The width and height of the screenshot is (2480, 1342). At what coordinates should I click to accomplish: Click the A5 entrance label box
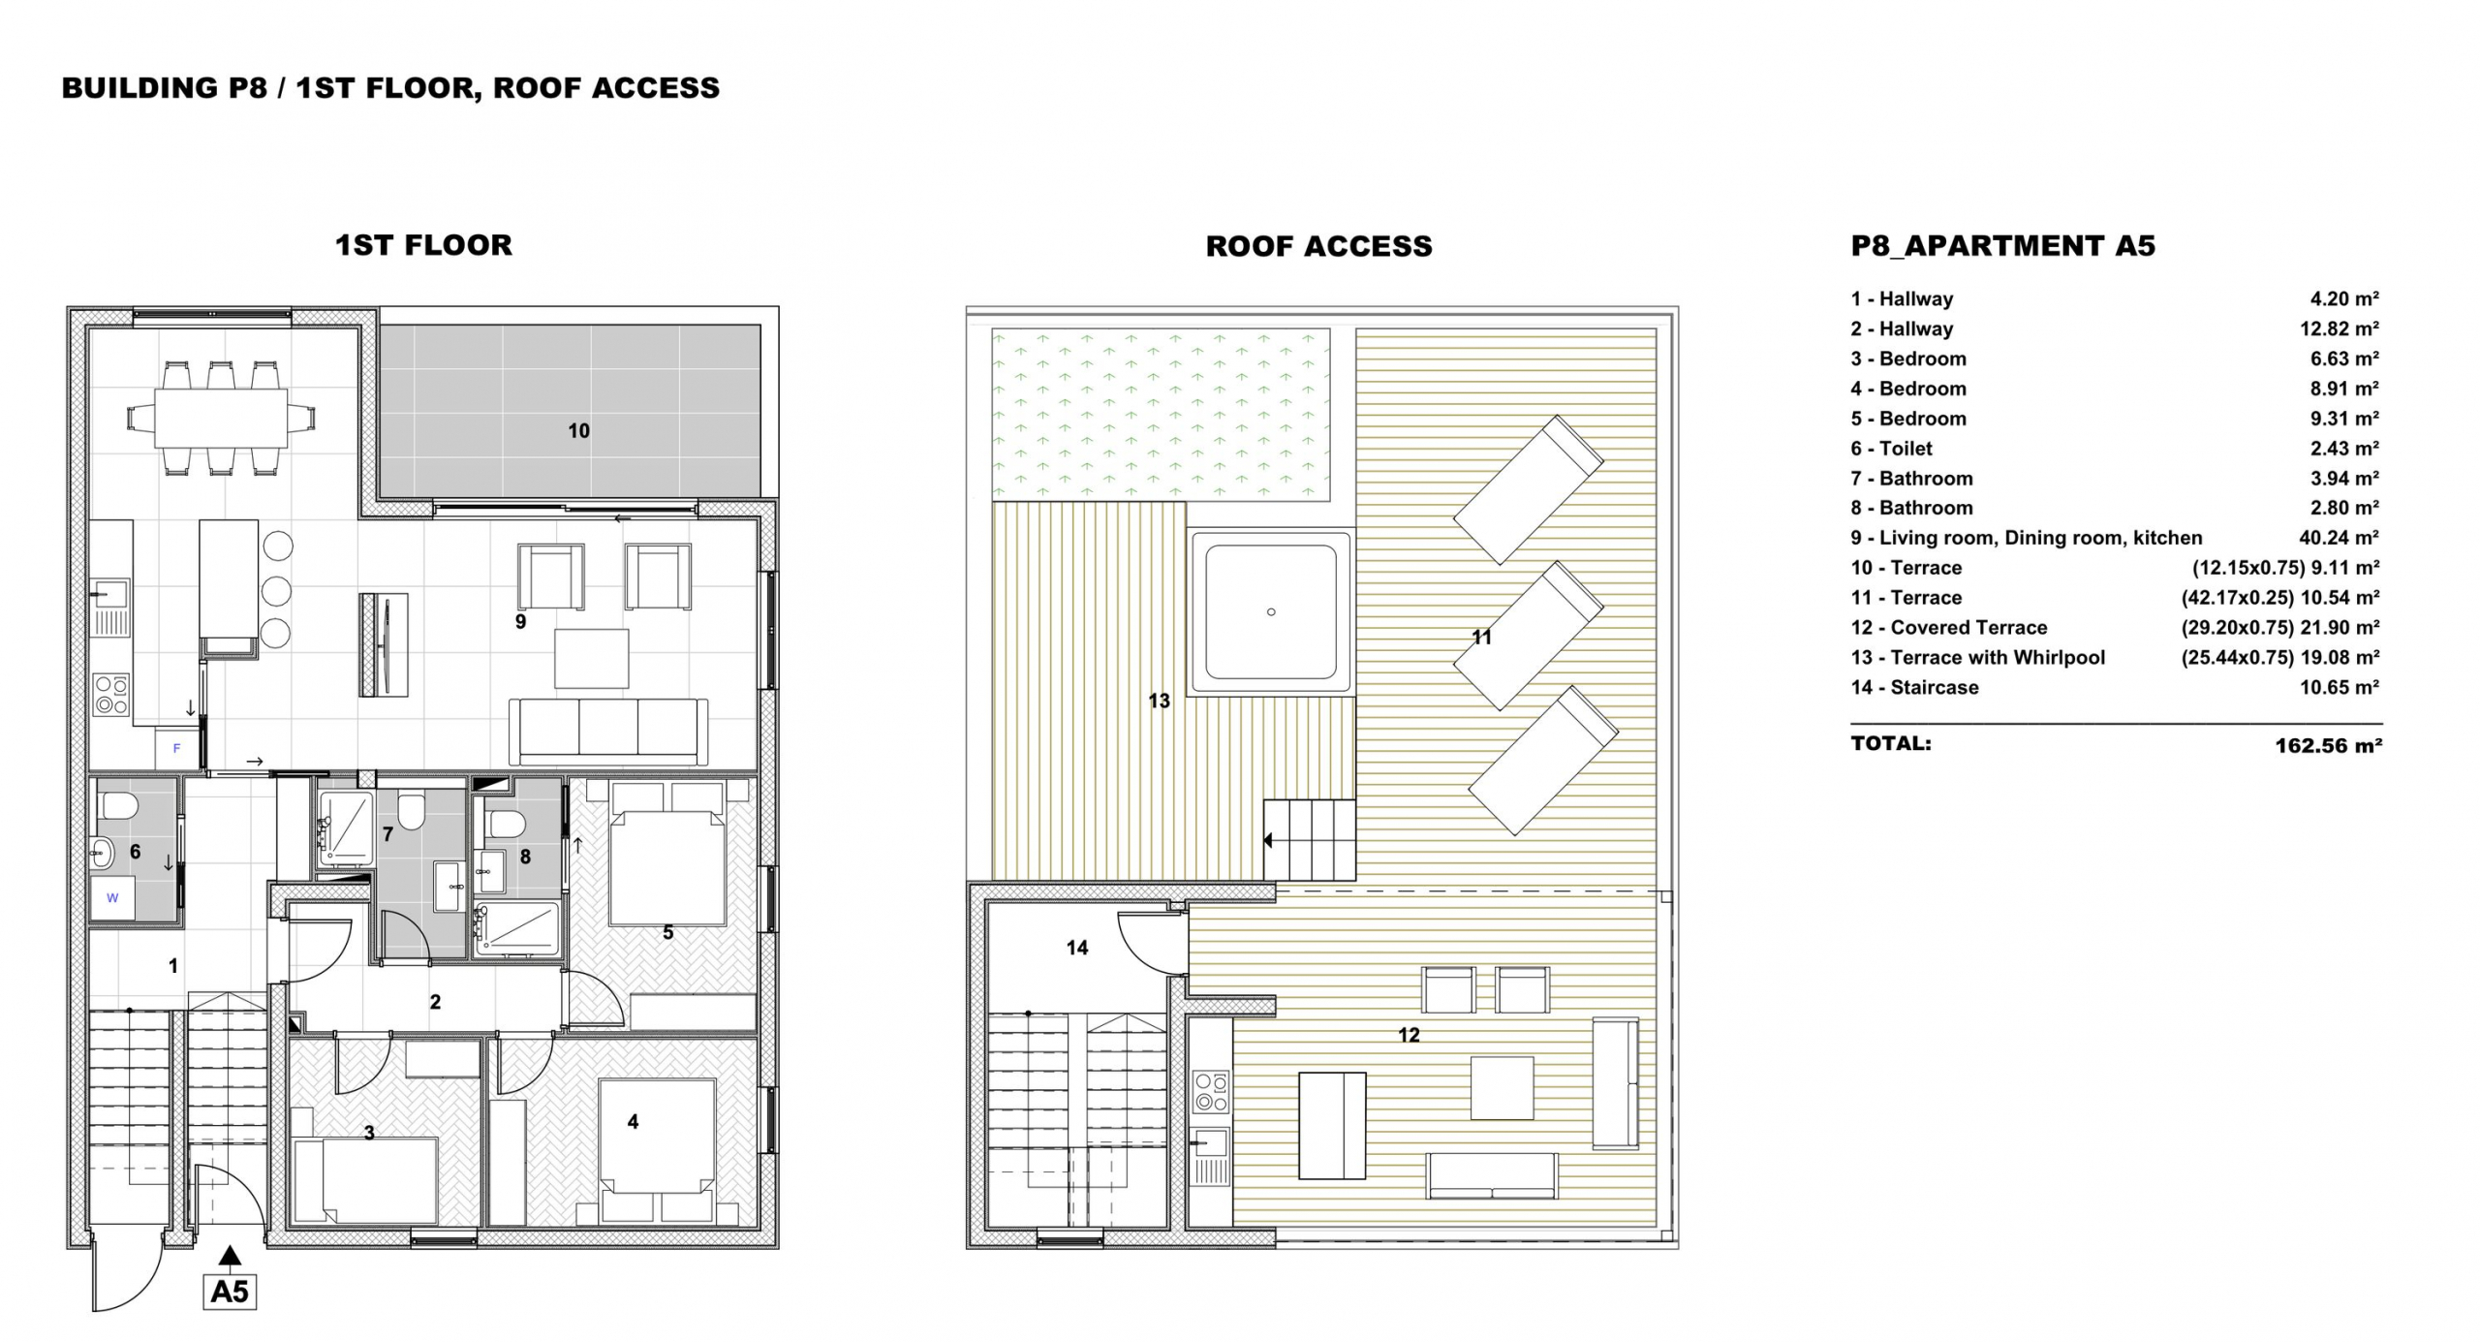[x=230, y=1292]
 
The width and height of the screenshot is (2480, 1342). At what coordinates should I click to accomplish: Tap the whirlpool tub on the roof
[x=1271, y=611]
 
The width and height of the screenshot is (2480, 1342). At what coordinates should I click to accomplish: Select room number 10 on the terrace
[x=578, y=431]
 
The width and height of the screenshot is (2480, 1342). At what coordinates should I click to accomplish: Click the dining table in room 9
[x=222, y=418]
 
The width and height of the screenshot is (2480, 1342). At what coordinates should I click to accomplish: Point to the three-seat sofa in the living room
[x=608, y=732]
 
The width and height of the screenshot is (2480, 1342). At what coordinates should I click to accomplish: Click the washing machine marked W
[x=113, y=897]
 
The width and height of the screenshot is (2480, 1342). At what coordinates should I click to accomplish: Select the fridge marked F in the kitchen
[x=177, y=748]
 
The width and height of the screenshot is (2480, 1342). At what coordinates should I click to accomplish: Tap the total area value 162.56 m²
[x=2328, y=746]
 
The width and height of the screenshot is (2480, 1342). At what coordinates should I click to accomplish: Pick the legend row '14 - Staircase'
[x=1914, y=687]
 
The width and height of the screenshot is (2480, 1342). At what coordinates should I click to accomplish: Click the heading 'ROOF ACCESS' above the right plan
[x=1318, y=246]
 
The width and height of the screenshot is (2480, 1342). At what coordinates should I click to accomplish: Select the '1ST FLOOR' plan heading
[x=423, y=245]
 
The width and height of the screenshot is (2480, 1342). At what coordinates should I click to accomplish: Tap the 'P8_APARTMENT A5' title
[x=2002, y=246]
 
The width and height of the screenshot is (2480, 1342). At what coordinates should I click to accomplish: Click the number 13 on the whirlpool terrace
[x=1160, y=701]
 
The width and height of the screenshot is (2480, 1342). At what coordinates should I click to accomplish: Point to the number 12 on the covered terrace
[x=1409, y=1035]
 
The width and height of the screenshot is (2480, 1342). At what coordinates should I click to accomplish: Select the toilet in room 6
[x=117, y=804]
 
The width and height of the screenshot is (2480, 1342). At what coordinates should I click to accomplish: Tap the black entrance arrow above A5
[x=230, y=1257]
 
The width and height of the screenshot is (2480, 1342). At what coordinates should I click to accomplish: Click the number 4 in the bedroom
[x=633, y=1121]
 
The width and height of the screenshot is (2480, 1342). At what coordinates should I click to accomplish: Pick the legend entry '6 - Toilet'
[x=1891, y=449]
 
